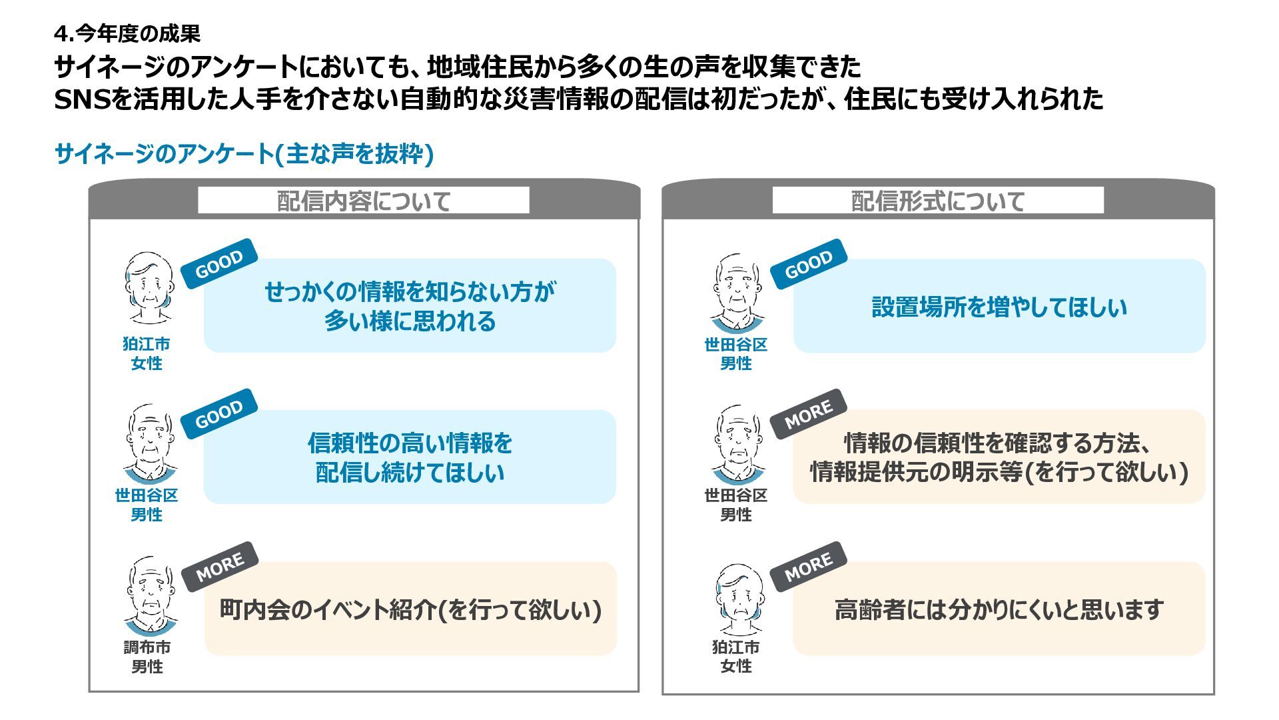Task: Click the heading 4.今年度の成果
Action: [127, 33]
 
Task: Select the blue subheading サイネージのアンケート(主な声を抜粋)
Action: [244, 154]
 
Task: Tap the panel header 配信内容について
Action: [364, 201]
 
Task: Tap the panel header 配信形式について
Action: [937, 201]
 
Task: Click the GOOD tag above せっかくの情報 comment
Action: [219, 264]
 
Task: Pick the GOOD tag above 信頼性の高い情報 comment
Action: [219, 414]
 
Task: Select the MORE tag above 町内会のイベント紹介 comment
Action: [220, 566]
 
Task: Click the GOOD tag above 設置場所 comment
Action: [808, 264]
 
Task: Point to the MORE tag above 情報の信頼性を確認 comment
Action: [808, 414]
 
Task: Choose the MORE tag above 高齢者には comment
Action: [808, 566]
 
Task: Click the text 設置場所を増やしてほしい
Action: [999, 307]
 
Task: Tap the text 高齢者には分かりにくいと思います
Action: [999, 609]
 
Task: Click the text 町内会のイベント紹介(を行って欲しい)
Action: [410, 609]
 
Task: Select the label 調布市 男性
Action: [147, 657]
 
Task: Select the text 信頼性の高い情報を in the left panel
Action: [410, 443]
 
